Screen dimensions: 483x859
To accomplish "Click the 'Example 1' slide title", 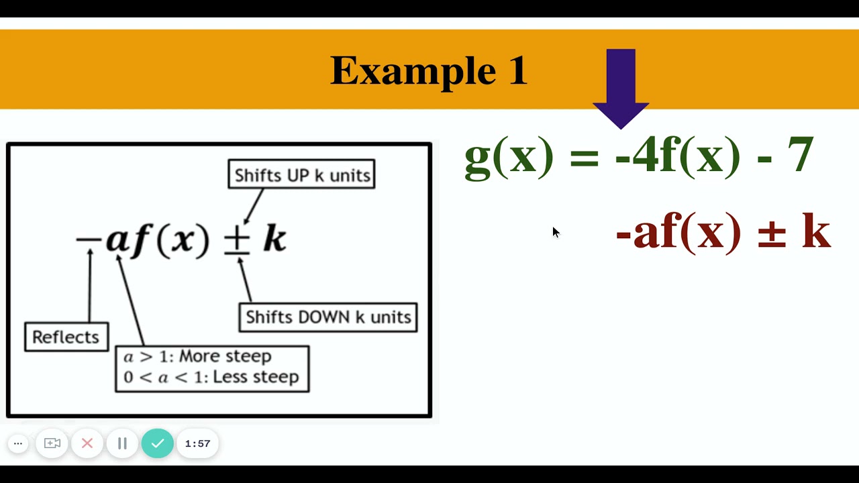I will (429, 70).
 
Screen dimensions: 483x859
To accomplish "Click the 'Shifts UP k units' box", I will (301, 174).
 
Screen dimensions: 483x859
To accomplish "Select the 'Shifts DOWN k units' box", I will (328, 317).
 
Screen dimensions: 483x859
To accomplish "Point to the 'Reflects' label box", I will (66, 337).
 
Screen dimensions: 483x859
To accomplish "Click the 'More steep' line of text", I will (197, 356).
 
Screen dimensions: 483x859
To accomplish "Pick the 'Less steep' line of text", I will (211, 377).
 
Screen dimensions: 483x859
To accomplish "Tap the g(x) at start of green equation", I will (509, 156).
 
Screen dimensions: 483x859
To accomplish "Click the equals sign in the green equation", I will (584, 158).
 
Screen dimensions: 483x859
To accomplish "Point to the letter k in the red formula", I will (816, 232).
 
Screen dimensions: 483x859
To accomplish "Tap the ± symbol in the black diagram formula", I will (236, 240).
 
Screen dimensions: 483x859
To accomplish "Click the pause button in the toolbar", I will (122, 443).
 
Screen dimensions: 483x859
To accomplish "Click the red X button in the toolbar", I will (87, 443).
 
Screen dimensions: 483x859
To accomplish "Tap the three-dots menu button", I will (18, 443).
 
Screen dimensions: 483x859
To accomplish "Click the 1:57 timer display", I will (197, 443).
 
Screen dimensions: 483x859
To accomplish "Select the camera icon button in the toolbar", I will (52, 443).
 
